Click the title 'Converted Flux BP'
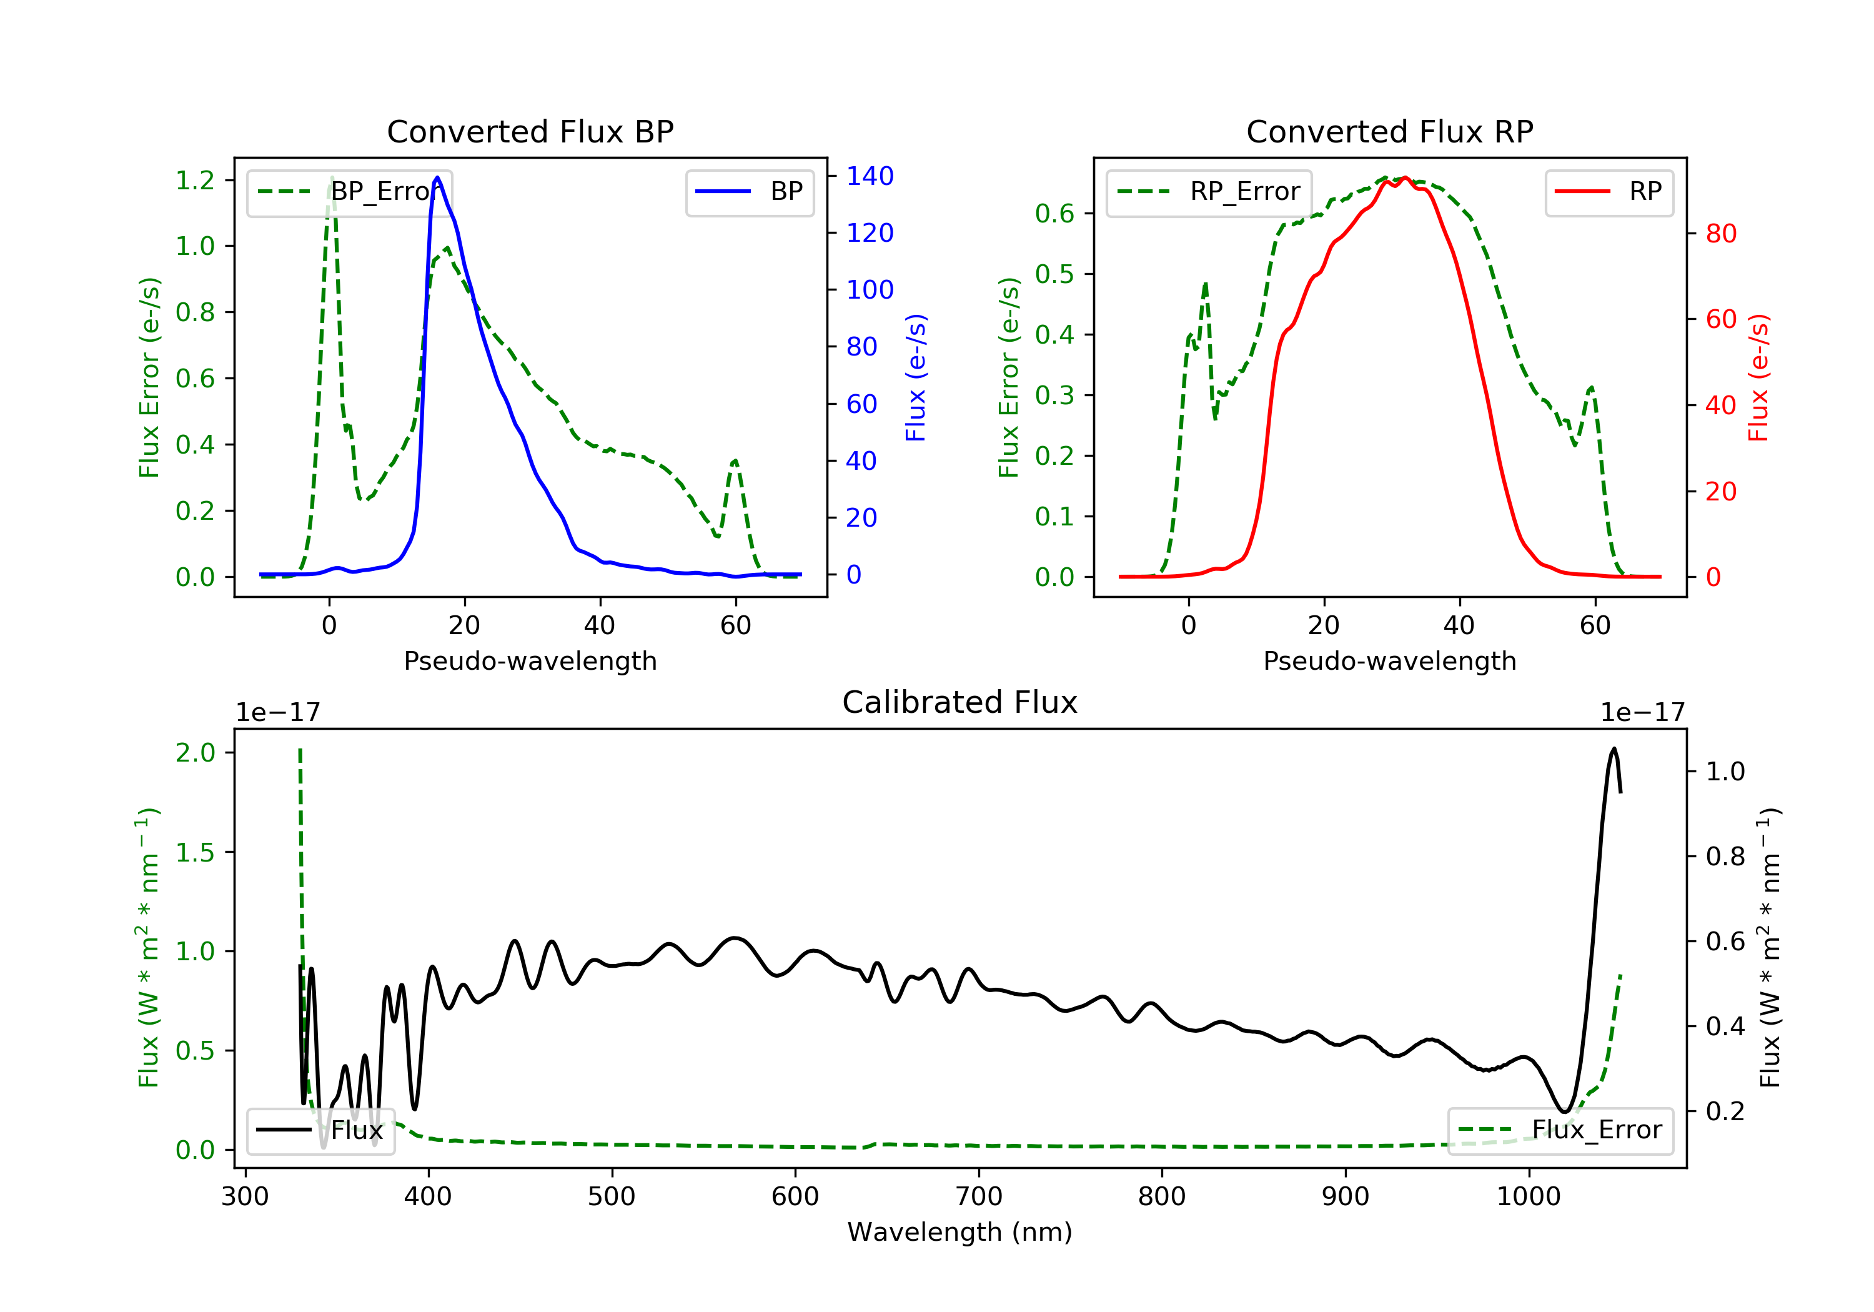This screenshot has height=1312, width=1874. (x=530, y=131)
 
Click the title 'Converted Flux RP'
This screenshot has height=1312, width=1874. (x=1389, y=131)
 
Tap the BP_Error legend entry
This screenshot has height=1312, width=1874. (x=349, y=192)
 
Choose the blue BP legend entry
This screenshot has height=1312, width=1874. (x=749, y=192)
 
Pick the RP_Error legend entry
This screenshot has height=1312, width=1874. (x=1209, y=192)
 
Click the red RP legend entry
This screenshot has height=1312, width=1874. (x=1609, y=192)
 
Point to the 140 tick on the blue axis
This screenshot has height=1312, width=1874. (x=870, y=176)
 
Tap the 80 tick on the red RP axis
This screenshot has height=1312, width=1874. (x=1720, y=234)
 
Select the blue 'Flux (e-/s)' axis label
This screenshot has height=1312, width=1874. (x=916, y=377)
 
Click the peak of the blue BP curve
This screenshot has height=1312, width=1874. (x=437, y=177)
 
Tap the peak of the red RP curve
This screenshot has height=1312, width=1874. (x=1405, y=178)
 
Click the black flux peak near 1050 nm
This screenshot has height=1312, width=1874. (x=1614, y=748)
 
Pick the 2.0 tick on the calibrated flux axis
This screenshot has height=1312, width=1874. (x=195, y=752)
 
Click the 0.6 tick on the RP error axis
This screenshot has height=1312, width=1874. (x=1054, y=214)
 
